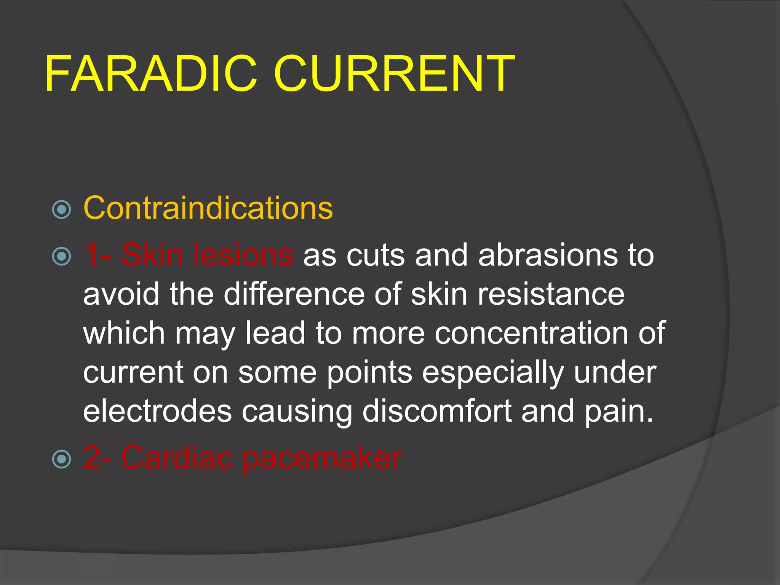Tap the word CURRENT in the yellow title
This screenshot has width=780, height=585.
pos(394,74)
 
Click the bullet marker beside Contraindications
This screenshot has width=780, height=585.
pos(61,209)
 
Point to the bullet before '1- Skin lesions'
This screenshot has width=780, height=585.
pos(61,256)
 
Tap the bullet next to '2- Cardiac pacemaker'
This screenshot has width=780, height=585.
pos(61,459)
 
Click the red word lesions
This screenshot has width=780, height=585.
pos(243,255)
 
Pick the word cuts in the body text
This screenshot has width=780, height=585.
pos(376,255)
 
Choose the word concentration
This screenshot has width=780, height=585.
pos(531,333)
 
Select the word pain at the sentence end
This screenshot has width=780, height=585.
pos(618,412)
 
